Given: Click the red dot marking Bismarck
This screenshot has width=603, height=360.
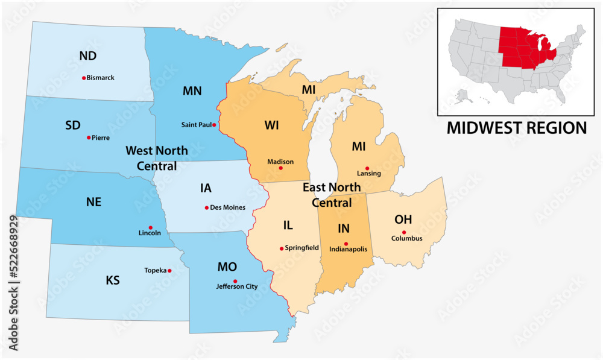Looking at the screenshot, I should (83, 78).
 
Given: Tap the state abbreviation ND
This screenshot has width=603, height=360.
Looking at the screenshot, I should (88, 56).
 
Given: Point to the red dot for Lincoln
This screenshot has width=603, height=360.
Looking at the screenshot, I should (151, 227).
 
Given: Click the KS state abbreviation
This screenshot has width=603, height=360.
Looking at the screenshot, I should (113, 280).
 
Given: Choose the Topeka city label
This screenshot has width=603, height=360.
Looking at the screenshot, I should (155, 271).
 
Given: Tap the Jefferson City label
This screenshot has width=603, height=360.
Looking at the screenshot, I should (236, 287).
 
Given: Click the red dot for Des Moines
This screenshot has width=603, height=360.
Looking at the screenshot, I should (206, 207).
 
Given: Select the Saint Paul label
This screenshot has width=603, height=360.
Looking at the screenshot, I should (197, 125).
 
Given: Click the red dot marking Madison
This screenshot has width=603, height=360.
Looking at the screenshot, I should (280, 168).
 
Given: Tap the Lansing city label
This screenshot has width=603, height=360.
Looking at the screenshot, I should (368, 174).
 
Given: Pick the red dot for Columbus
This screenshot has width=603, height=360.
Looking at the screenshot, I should (405, 232).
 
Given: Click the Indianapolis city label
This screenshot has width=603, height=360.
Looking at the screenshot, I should (348, 249).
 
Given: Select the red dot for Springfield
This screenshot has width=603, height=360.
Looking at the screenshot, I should (281, 248).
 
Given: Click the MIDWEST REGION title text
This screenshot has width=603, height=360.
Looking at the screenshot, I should (516, 128).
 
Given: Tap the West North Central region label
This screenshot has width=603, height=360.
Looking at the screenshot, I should (156, 158).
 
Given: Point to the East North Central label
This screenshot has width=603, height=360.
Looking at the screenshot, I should (331, 195).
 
